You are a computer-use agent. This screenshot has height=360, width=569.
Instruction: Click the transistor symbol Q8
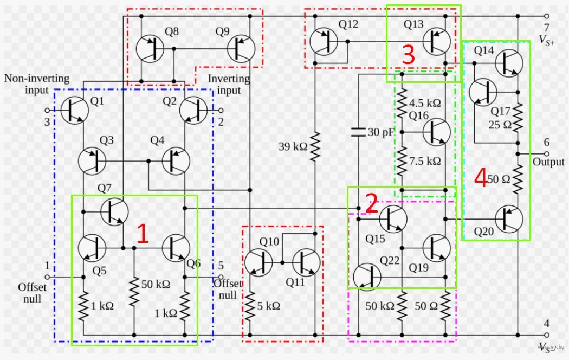coord(150,49)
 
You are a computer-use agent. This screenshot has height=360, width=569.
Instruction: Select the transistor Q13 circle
coord(436,41)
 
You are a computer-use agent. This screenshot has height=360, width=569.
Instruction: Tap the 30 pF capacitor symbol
coord(358,132)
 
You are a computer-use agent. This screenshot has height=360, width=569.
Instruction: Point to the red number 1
coord(143,234)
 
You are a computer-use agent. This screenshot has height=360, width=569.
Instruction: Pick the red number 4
coord(481,178)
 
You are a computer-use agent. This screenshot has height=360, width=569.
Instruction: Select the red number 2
coord(371,204)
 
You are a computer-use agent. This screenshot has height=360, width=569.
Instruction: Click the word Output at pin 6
coord(548,162)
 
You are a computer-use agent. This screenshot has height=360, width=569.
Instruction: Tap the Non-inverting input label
coord(29,83)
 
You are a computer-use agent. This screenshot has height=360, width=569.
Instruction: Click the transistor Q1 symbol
coord(74,111)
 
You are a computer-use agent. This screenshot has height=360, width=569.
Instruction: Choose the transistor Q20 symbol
coord(508,218)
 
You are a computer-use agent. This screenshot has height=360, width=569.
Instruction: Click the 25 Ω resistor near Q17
coord(518,119)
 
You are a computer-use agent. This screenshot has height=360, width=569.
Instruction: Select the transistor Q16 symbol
coord(436,131)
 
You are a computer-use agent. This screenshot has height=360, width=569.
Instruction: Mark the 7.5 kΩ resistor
coord(402,161)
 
